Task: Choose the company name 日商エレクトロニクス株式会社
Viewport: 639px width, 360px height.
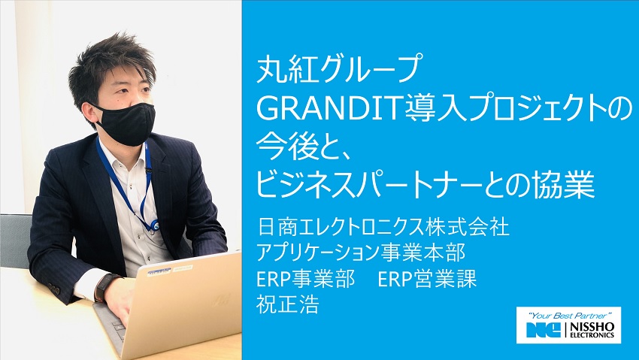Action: pyautogui.click(x=383, y=225)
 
